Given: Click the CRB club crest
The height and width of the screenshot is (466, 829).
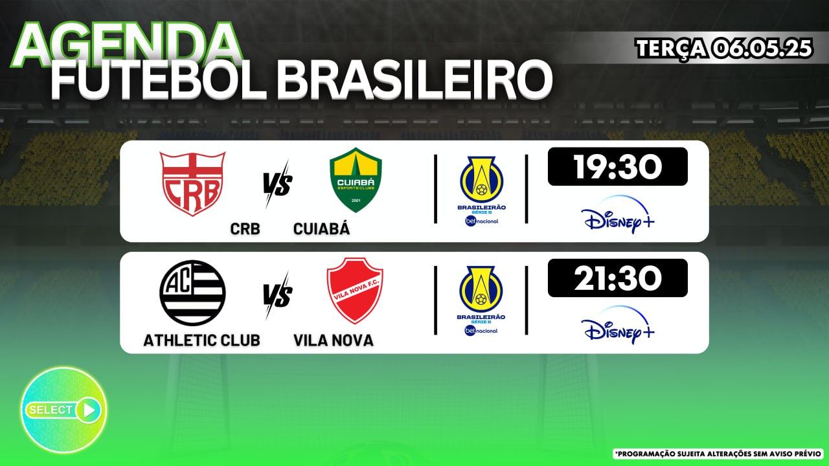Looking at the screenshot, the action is (192, 184).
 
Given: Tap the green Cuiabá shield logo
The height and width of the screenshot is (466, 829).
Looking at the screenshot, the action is (356, 180).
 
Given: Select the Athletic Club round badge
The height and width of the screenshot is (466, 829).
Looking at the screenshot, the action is (192, 293).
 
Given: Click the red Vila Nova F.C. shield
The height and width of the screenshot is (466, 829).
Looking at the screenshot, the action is (355, 291).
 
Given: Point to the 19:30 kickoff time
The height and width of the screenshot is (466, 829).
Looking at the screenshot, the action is (618, 167).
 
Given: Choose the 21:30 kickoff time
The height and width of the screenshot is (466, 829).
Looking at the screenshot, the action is (618, 278).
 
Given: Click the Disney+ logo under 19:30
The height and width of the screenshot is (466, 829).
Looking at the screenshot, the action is (617, 215).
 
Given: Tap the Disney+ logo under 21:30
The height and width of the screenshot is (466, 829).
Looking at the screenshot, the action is (617, 326).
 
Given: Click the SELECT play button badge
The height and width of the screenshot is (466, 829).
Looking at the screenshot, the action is (63, 410).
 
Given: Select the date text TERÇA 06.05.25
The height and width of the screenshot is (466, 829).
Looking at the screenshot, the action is (724, 48).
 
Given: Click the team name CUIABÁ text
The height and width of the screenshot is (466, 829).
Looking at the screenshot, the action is (321, 228).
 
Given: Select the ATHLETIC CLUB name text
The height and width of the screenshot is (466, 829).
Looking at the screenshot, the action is (201, 340).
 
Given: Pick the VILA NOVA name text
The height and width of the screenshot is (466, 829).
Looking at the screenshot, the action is (334, 340).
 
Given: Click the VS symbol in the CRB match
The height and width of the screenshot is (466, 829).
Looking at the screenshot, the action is (278, 184).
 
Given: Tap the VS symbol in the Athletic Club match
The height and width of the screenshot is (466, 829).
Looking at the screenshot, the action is (278, 296).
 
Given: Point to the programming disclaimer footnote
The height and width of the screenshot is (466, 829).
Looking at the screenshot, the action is (718, 454).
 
